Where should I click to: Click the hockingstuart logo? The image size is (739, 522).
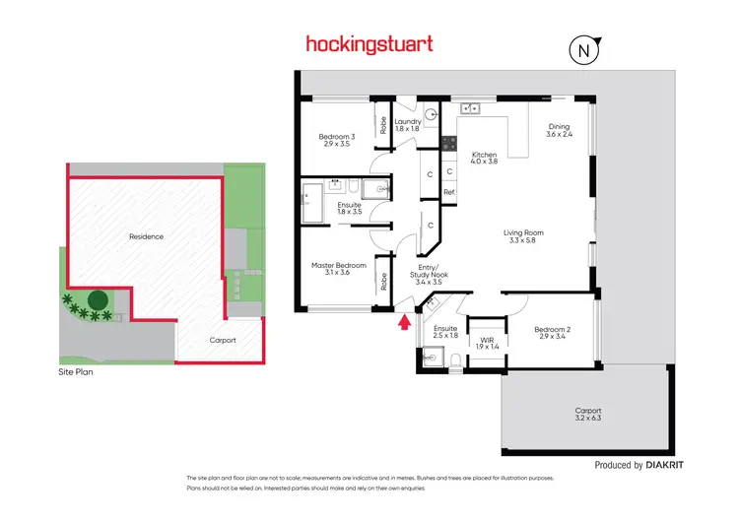click(368, 44)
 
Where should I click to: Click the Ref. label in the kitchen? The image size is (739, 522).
click(449, 192)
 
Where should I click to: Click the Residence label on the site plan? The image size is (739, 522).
click(146, 236)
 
